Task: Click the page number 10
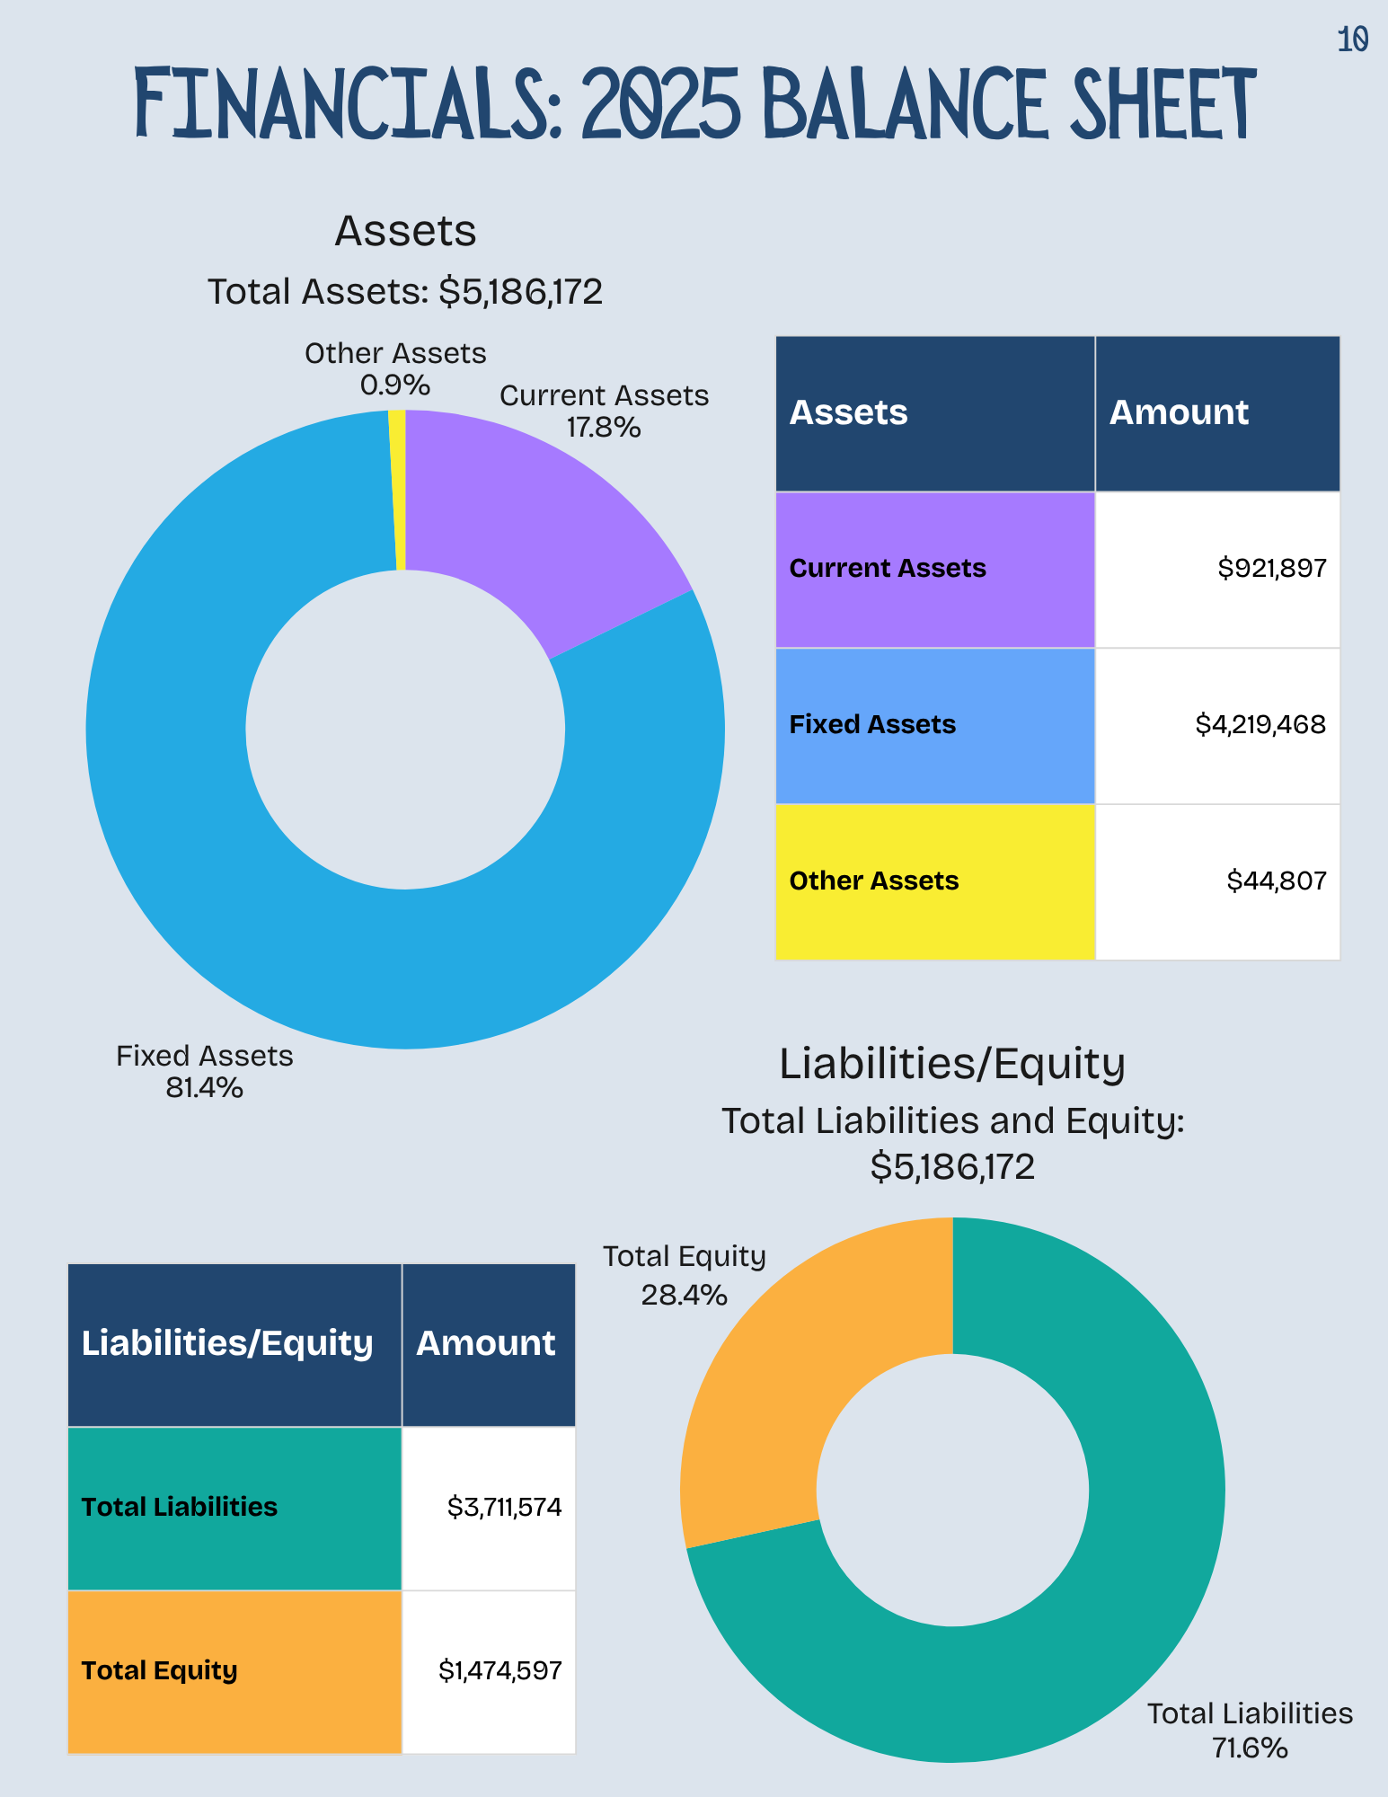(1352, 40)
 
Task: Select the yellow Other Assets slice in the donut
(398, 490)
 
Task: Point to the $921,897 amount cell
(1217, 570)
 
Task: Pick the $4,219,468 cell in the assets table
(1217, 726)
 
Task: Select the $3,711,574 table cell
(489, 1509)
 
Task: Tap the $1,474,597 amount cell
(489, 1672)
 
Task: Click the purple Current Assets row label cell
(935, 570)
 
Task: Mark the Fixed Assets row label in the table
(872, 725)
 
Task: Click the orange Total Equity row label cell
(234, 1672)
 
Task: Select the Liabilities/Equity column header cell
(234, 1345)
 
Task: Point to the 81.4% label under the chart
(205, 1089)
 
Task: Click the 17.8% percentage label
(604, 428)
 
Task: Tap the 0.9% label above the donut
(395, 386)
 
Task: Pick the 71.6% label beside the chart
(1250, 1748)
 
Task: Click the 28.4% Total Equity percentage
(684, 1296)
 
